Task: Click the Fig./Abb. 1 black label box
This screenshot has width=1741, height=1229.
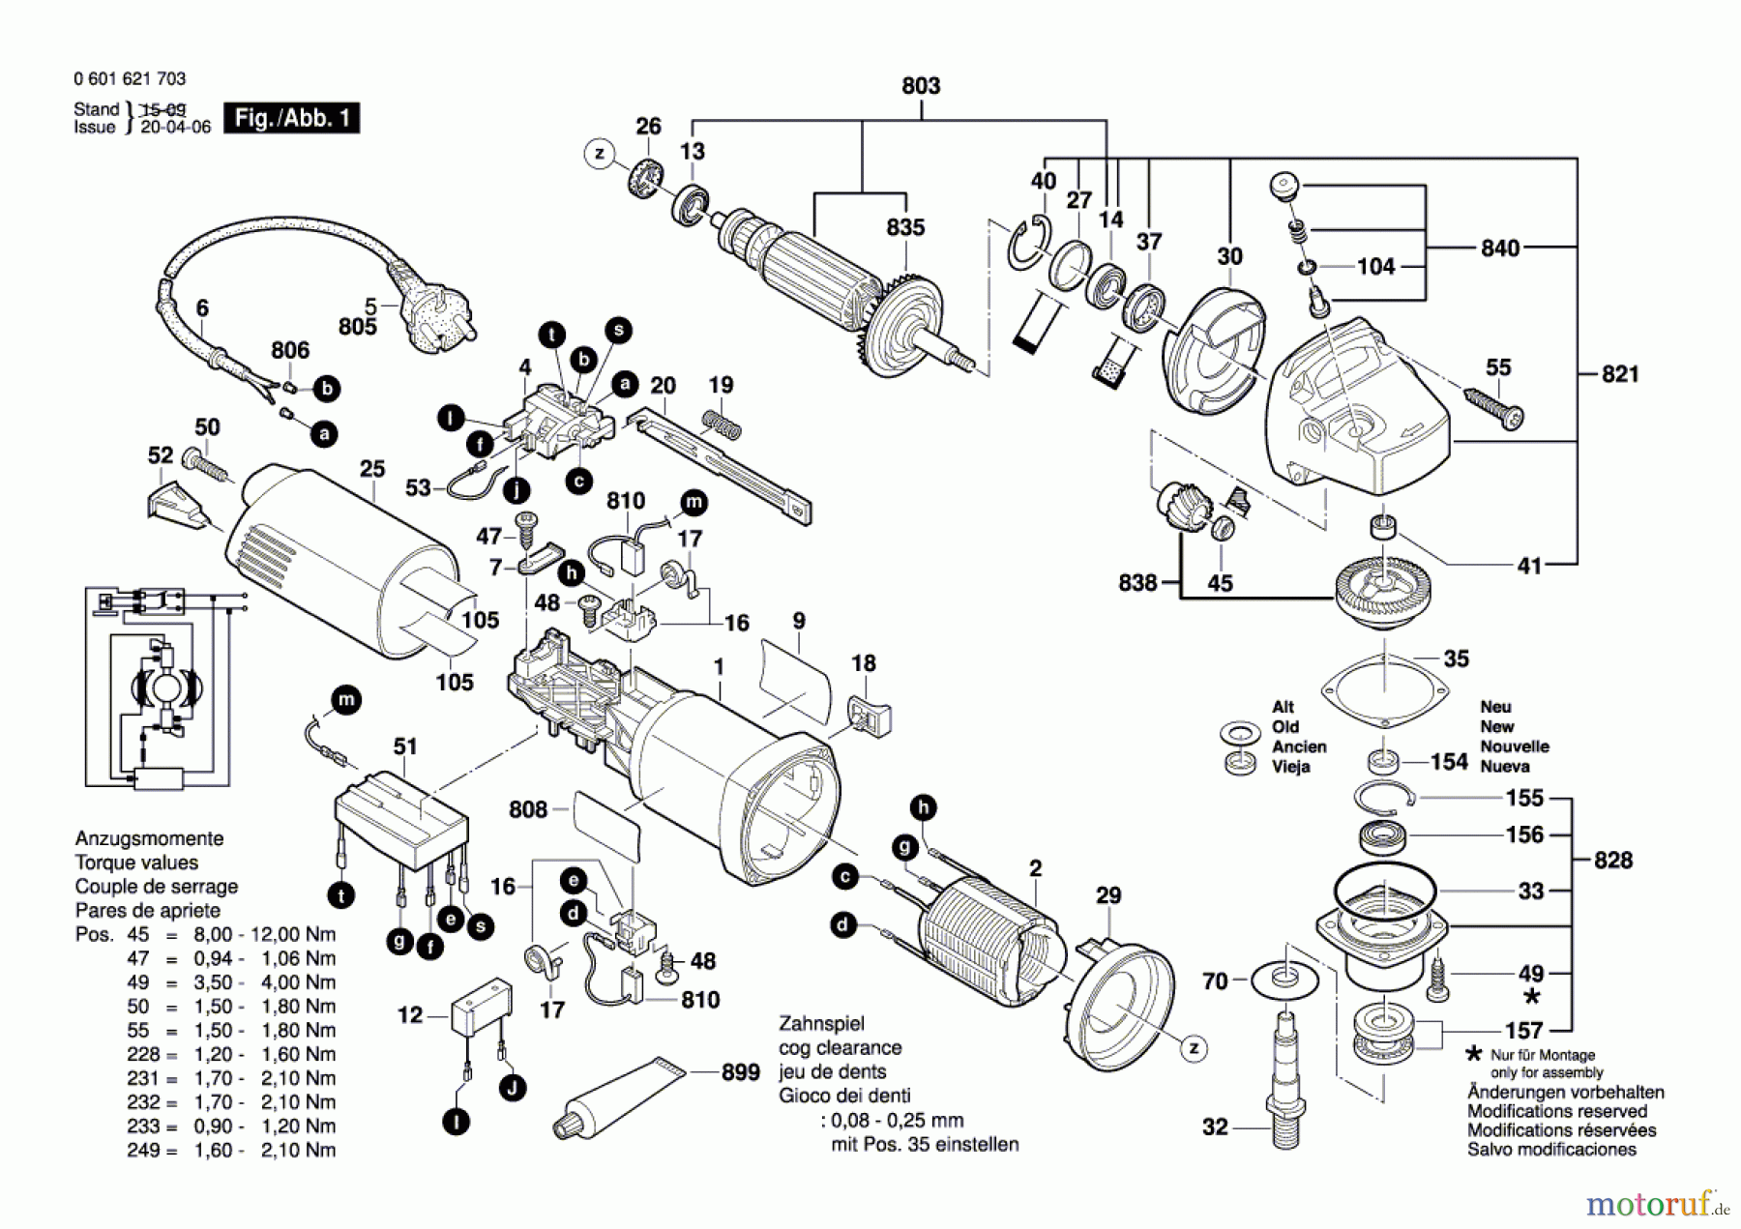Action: click(291, 118)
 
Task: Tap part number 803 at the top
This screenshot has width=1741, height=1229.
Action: click(920, 86)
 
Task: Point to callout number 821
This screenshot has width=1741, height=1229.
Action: click(1620, 374)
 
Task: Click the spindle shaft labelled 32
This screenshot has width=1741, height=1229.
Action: click(1285, 1073)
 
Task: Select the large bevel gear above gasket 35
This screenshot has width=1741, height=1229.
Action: click(1384, 591)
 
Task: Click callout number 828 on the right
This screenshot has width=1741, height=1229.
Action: click(1612, 860)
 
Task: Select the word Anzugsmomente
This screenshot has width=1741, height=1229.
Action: click(149, 838)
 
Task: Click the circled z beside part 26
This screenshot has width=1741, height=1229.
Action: click(600, 153)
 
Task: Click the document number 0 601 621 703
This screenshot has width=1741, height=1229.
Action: click(130, 78)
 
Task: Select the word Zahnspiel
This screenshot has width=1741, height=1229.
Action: click(821, 1023)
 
